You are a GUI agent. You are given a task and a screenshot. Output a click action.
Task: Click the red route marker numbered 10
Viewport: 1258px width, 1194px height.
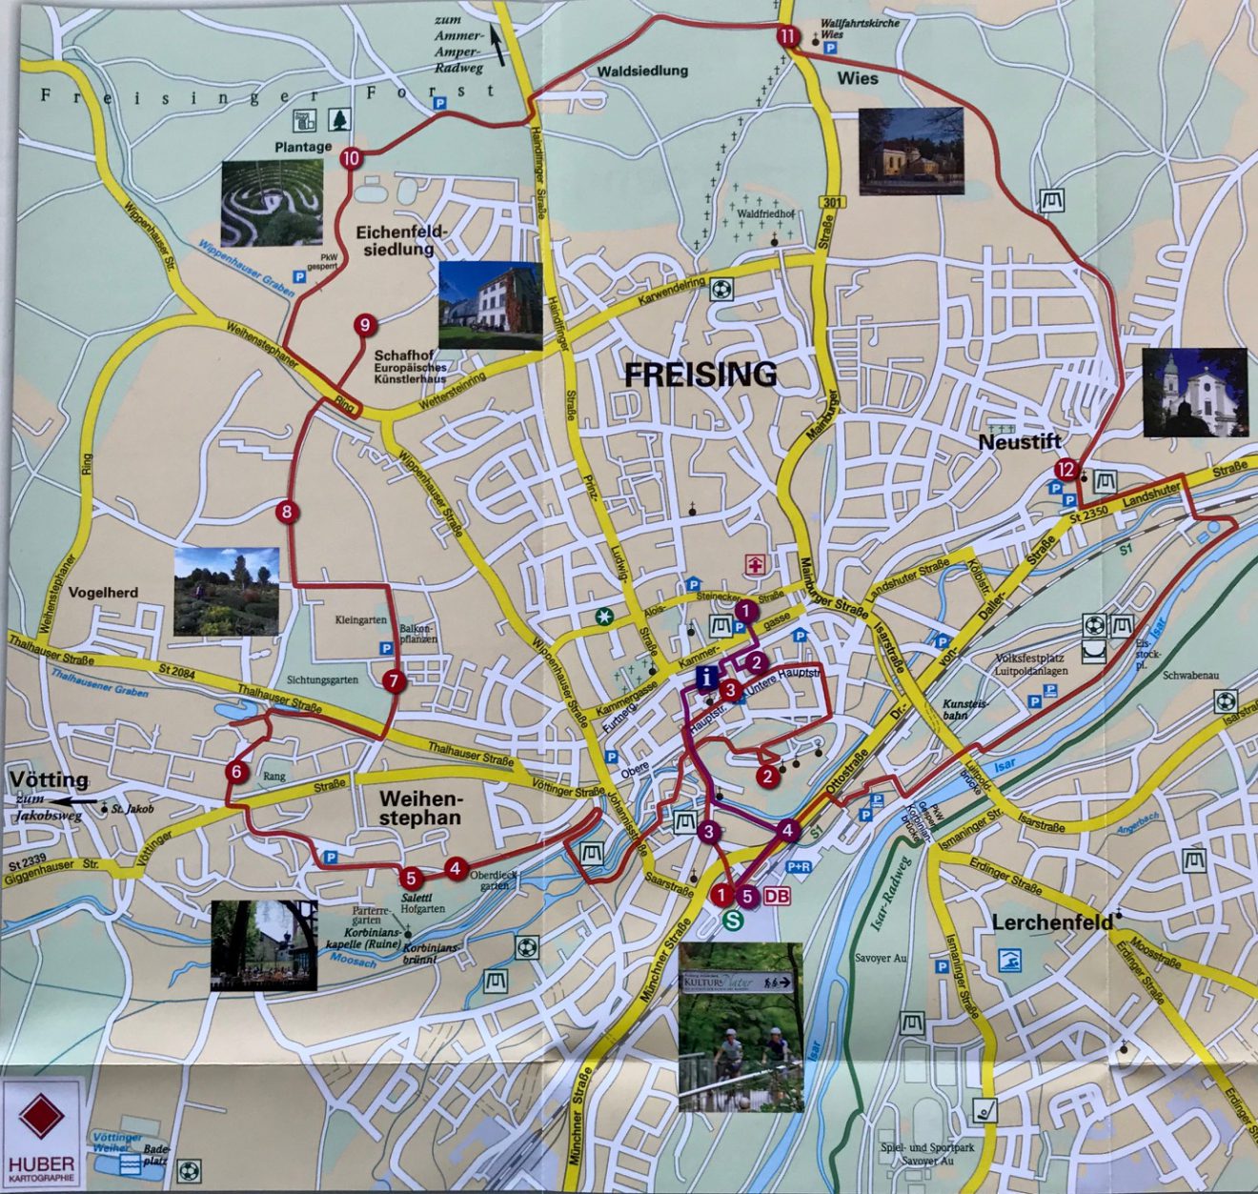(351, 159)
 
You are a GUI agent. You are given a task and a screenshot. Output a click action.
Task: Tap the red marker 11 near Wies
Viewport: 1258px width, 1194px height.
(786, 37)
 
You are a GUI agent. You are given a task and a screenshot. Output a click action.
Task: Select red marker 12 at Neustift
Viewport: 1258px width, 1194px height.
(1065, 470)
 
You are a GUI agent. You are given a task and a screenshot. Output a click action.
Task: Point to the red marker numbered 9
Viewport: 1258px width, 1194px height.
(364, 326)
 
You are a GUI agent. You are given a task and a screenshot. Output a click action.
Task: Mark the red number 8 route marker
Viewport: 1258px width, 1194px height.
(286, 513)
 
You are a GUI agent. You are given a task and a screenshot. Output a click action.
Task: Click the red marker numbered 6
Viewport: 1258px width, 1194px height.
(237, 772)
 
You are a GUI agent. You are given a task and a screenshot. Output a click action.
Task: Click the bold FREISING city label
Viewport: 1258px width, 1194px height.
(700, 374)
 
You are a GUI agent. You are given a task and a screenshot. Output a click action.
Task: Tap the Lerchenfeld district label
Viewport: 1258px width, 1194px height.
(1052, 922)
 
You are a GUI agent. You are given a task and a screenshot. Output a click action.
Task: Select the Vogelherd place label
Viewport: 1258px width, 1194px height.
(103, 593)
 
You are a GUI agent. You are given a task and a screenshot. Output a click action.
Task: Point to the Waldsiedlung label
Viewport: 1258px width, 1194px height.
(642, 71)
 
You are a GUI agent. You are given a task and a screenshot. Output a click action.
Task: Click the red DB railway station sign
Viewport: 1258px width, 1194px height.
(777, 896)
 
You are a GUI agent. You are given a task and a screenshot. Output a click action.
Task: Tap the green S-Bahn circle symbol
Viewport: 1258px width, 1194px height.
(734, 920)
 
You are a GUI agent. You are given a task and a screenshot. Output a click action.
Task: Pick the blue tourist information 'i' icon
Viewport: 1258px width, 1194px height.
(706, 678)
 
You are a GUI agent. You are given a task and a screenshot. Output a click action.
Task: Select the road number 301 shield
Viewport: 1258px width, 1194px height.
(832, 202)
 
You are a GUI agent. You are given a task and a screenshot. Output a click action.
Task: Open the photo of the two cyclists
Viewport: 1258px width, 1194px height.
(741, 1026)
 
